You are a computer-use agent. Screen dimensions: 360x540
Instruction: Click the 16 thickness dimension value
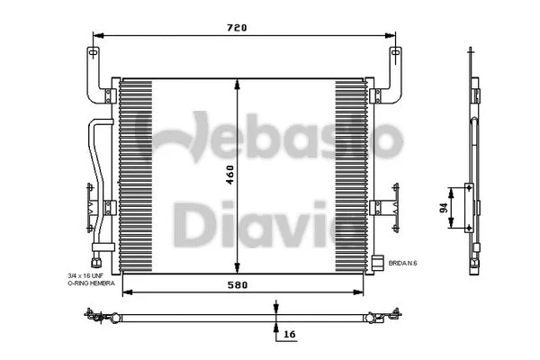pos(288,333)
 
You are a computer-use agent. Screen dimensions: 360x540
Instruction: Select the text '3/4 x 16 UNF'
pos(91,275)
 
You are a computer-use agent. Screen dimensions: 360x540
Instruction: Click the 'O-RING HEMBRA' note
pos(92,283)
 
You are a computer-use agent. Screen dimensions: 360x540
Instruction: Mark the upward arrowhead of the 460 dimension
pos(236,84)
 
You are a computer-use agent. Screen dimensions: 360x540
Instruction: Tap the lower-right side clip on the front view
pos(385,207)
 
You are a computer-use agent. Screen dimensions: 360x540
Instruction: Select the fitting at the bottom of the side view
pos(472,264)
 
